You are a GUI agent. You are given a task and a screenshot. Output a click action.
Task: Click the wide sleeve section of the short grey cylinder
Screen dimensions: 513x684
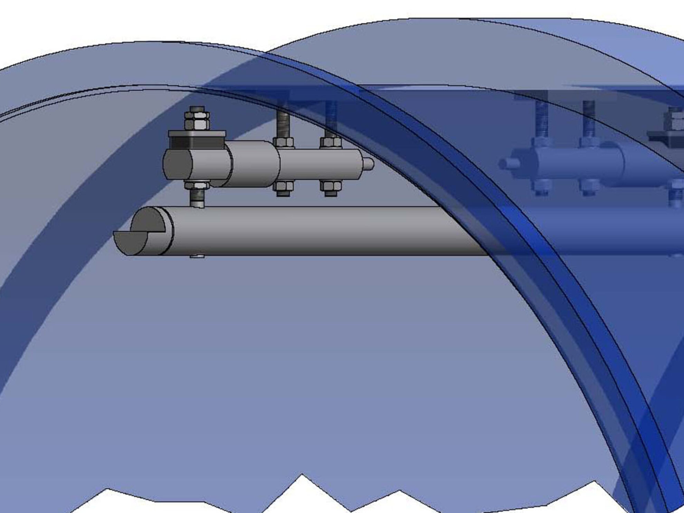coord(254,164)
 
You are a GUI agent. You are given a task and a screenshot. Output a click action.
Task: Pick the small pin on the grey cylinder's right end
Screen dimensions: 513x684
coord(369,164)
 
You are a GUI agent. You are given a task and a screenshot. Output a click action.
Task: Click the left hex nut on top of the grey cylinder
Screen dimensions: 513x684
coord(284,142)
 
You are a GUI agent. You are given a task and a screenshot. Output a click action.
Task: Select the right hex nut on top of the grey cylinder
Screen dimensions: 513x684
coord(331,142)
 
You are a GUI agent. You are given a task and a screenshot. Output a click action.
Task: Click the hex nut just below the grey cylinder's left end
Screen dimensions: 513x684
coord(197,185)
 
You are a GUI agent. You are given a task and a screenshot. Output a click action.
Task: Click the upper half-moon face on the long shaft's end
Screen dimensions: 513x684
coord(149,220)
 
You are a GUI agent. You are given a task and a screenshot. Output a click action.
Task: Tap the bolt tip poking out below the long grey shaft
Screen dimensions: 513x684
coord(197,257)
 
